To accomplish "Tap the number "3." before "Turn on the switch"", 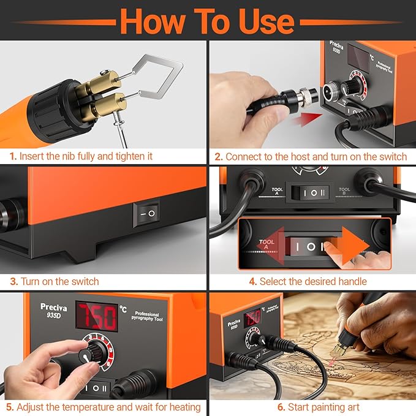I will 13,281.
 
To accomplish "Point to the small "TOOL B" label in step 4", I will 345,192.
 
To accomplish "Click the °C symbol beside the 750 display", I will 123,308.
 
